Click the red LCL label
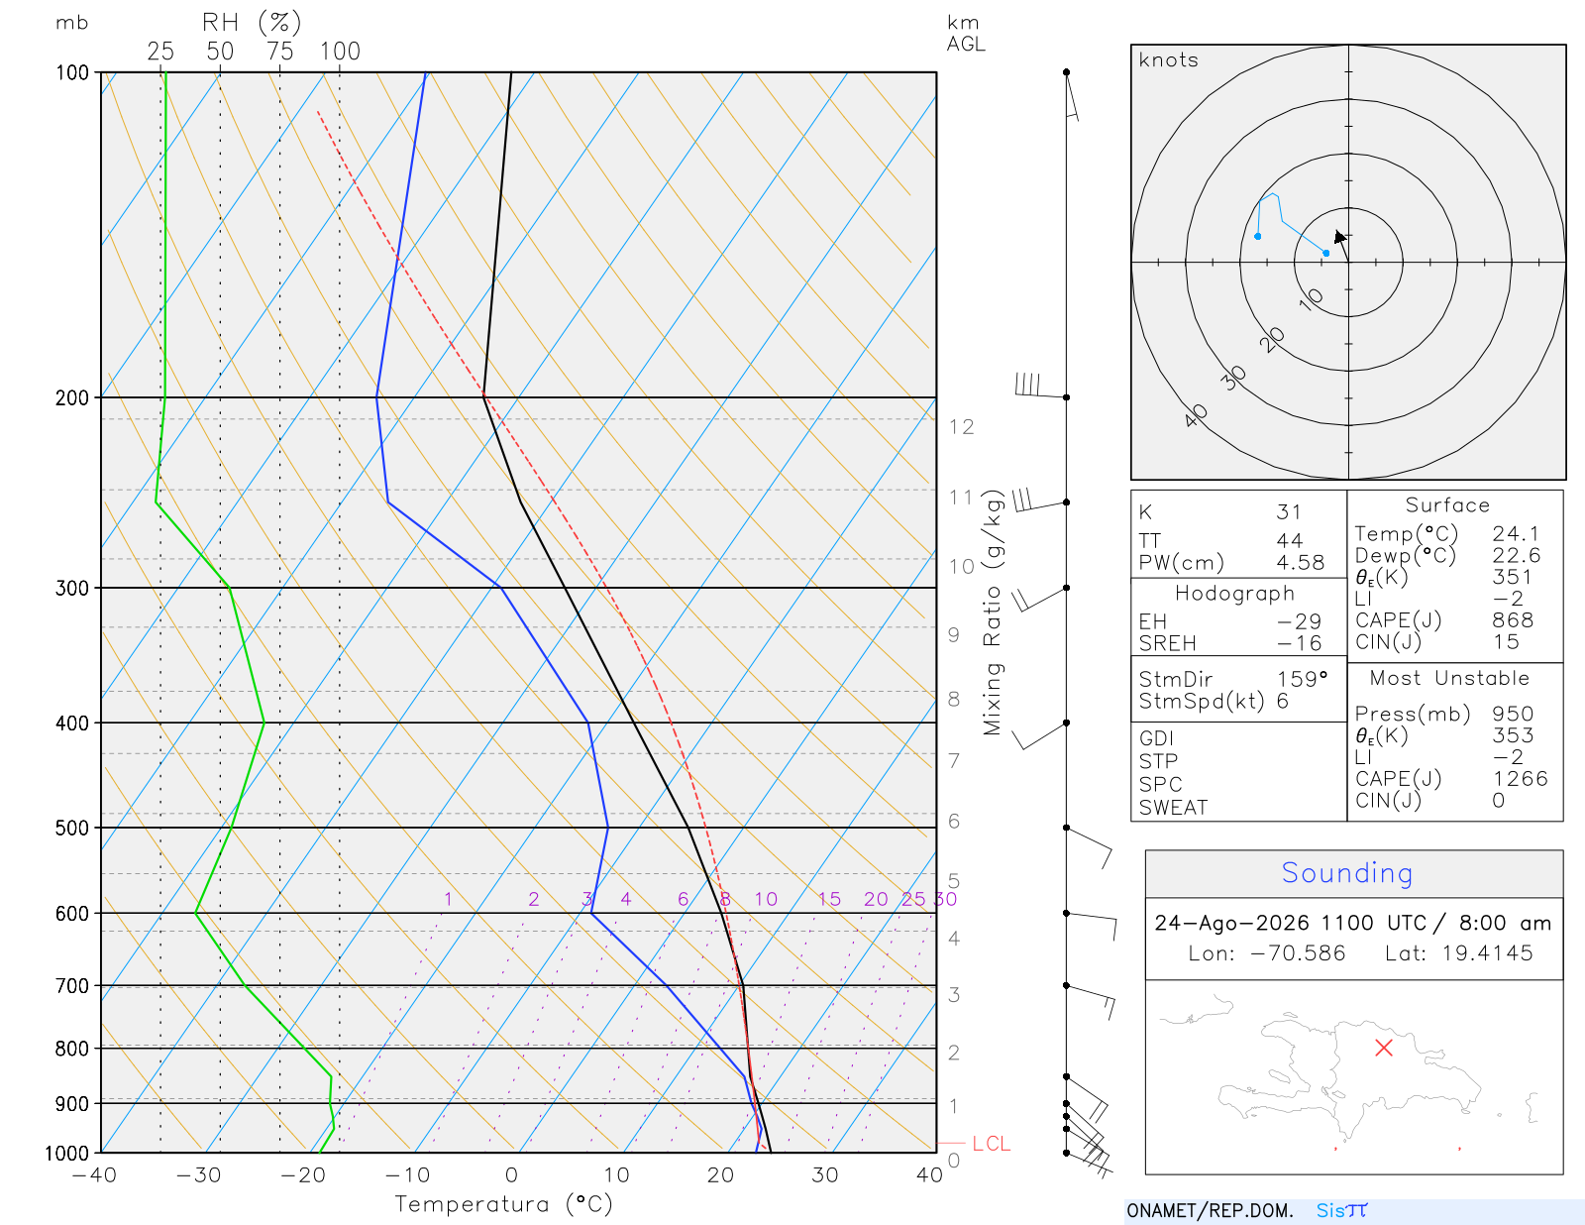point(991,1144)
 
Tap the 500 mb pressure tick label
point(72,829)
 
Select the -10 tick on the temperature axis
point(407,1175)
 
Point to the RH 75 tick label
point(279,52)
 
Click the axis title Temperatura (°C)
point(503,1204)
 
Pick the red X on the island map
point(1383,1048)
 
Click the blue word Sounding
point(1346,873)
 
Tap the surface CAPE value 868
point(1512,620)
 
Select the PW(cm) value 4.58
point(1300,563)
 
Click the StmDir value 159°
point(1302,679)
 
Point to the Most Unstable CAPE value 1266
point(1520,778)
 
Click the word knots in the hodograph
point(1169,59)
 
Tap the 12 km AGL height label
point(961,427)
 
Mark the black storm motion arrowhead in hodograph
point(1339,237)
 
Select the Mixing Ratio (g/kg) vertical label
point(993,612)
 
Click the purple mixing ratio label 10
point(765,899)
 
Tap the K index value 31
point(1288,512)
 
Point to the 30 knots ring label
point(1232,378)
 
